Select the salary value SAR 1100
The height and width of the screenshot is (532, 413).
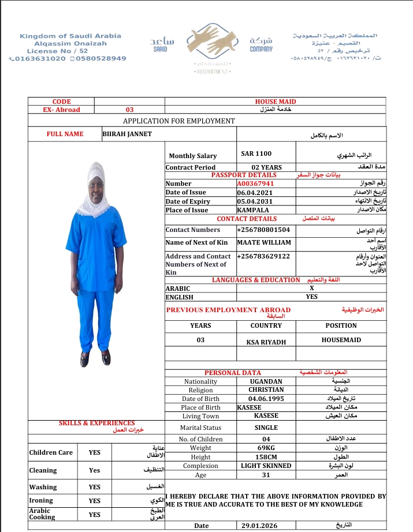pos(256,154)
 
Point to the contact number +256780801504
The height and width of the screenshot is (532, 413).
pos(263,230)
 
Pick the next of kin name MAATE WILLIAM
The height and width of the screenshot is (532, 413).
pos(264,242)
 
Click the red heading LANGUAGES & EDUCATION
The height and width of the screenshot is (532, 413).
pos(256,280)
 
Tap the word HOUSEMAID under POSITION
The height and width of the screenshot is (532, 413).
pos(341,340)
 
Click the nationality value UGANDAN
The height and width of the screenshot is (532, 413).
pos(266,381)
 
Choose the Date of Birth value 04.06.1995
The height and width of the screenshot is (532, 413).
pos(266,399)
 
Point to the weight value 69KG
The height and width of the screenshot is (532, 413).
pos(266,448)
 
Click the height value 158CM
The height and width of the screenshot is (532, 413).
pos(266,457)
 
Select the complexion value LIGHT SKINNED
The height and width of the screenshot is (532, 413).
pos(266,466)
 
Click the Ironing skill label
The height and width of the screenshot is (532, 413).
pos(41,500)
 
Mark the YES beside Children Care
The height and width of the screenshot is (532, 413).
pos(95,453)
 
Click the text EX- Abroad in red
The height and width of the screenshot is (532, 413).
pos(61,110)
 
